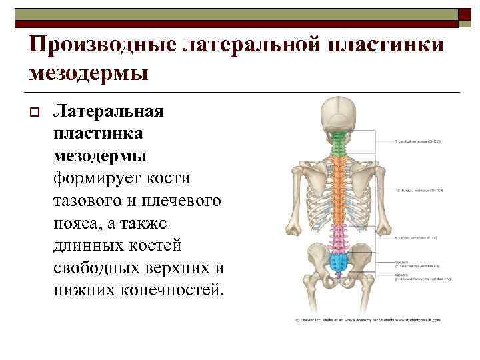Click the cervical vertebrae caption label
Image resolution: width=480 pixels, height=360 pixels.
pos(419,142)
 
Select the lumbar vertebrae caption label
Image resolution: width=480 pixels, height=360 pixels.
pos(417,237)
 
